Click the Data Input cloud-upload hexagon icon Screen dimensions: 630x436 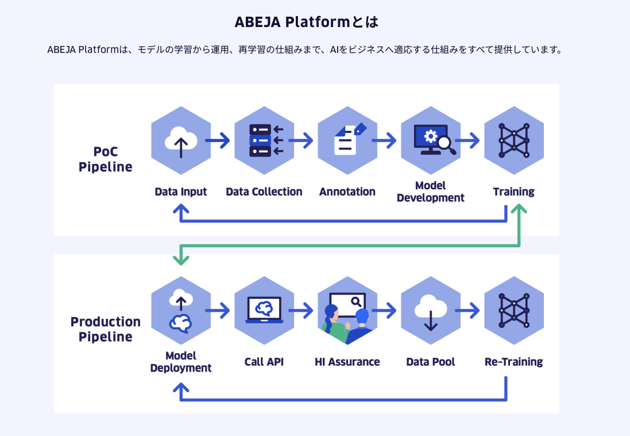click(x=181, y=140)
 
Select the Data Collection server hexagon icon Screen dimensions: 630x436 click(x=264, y=140)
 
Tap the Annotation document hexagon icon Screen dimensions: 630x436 click(x=347, y=140)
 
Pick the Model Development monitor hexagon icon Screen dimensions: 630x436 click(x=431, y=140)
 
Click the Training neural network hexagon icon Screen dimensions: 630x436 click(x=514, y=140)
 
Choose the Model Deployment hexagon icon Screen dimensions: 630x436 click(x=181, y=311)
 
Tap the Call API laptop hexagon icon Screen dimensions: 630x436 click(x=264, y=311)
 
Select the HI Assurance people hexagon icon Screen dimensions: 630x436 click(x=347, y=311)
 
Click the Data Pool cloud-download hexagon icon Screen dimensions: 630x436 click(x=431, y=311)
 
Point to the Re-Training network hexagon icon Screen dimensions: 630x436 click(x=514, y=311)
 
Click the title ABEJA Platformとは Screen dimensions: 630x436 click(x=307, y=22)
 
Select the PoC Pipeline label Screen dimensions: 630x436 click(x=105, y=159)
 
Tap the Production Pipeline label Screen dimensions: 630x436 click(x=105, y=329)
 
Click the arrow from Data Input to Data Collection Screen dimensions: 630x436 click(x=217, y=140)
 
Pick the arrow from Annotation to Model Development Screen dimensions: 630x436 click(x=384, y=140)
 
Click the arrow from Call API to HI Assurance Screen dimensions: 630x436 click(x=301, y=311)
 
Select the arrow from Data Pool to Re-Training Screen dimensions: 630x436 click(x=467, y=311)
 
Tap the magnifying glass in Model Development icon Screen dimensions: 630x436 click(x=446, y=146)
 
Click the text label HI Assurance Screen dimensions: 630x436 click(x=347, y=362)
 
